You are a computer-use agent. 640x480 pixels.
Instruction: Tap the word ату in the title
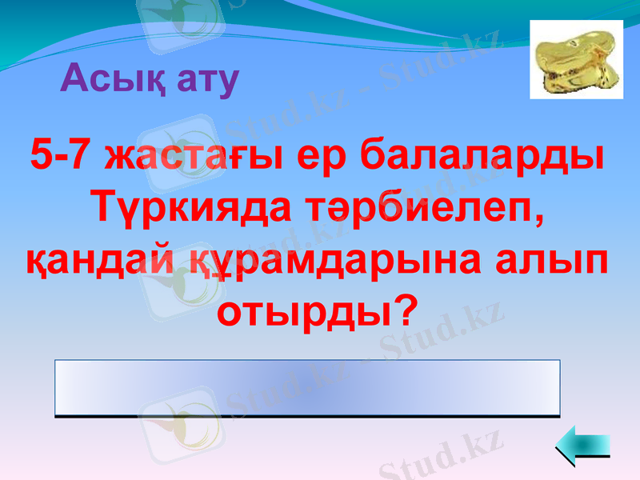point(202,80)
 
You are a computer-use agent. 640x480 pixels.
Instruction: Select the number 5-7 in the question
point(61,154)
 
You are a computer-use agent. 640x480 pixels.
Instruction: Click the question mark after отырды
point(407,310)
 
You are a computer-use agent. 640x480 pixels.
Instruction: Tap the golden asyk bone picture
point(576,59)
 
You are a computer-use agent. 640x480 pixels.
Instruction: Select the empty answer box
point(307,387)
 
